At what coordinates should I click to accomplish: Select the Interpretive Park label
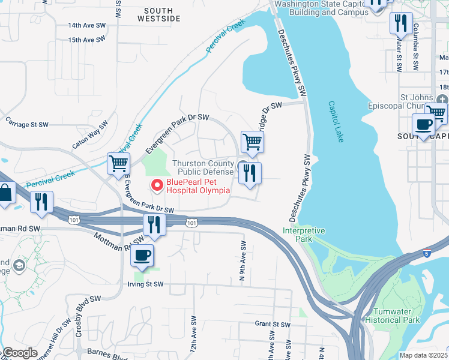(x=304, y=234)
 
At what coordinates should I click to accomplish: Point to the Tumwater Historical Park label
(x=396, y=316)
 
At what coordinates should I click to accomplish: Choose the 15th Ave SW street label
(x=86, y=40)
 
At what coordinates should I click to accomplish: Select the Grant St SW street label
(x=273, y=324)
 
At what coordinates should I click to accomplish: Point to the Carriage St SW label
(x=26, y=125)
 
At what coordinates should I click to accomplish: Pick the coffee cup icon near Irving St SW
(x=142, y=254)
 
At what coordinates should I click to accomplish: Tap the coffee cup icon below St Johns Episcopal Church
(x=423, y=124)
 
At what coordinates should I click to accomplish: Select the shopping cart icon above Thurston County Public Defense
(x=253, y=142)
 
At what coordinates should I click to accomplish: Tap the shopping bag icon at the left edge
(x=6, y=194)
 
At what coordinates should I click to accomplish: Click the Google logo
(x=20, y=353)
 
